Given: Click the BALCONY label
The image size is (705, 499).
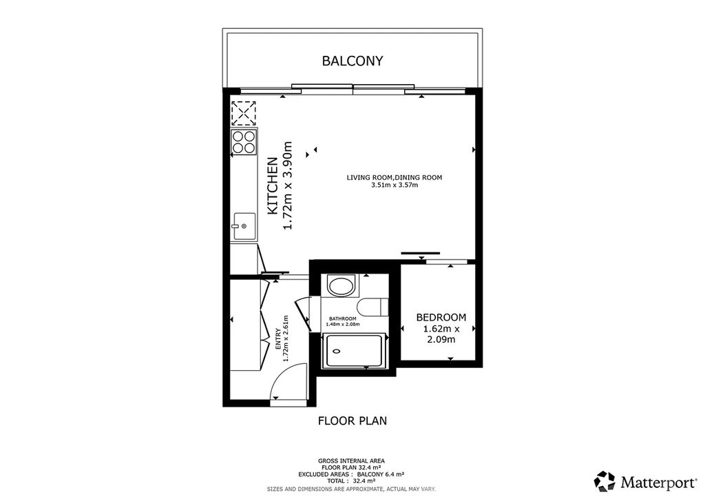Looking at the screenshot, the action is pos(352,61).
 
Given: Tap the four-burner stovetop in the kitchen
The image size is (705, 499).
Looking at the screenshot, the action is pos(244,142).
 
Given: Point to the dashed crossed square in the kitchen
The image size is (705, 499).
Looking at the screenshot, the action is pos(244,113).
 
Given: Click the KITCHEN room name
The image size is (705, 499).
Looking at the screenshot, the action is pos(273,185).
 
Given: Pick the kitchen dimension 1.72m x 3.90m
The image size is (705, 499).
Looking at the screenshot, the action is pos(287,185).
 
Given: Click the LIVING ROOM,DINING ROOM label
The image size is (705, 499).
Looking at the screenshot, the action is pos(394,177).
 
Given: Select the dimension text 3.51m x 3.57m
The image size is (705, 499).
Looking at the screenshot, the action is pos(394,185).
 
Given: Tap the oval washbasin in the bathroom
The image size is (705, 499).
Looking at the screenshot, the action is pos(341,285).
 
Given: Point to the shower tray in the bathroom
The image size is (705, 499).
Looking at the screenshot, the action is pos(355,350).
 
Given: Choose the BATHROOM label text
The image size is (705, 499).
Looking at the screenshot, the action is pos(343,318).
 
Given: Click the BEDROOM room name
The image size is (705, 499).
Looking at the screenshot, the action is pos(441,317).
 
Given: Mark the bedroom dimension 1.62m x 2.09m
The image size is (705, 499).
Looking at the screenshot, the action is pos(441,334).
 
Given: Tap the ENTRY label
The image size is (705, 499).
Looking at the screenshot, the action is pos(278,338).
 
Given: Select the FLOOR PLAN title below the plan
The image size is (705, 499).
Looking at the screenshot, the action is pos(352,420).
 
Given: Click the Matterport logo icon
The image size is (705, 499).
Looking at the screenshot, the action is pos(604,481).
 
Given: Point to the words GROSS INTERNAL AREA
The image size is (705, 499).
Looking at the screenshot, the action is pos(351,461).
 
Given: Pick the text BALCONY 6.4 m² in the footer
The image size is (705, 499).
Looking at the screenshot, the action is pos(380,474).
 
